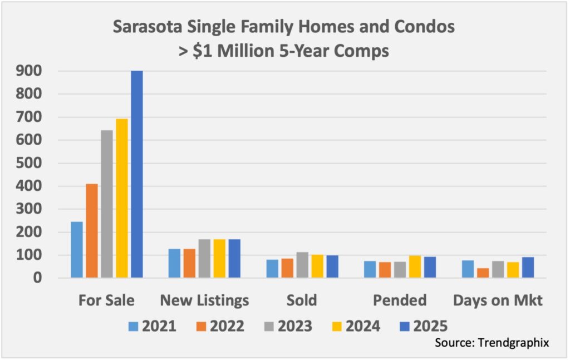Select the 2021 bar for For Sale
(x=77, y=250)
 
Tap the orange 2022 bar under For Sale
(x=92, y=231)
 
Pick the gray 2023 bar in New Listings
(x=204, y=259)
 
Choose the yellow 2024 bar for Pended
(x=415, y=267)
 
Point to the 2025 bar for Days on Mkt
(x=528, y=268)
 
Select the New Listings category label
(x=204, y=301)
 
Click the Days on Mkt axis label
(x=498, y=301)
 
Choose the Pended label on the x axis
(x=400, y=301)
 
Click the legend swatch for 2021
(x=134, y=326)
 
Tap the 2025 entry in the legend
(x=423, y=326)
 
